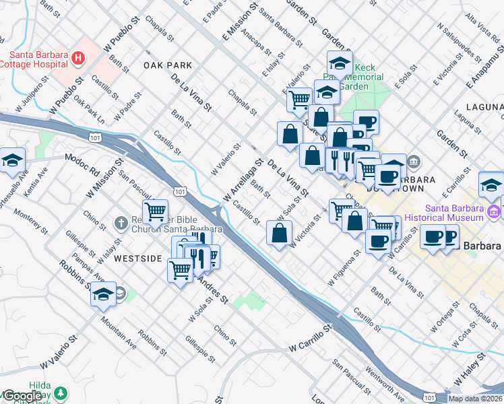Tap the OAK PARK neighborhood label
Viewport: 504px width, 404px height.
coord(168,65)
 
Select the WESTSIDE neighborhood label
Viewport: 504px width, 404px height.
coord(137,259)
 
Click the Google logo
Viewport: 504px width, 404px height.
coord(22,396)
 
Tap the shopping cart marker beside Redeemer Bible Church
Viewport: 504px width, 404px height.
coord(156,212)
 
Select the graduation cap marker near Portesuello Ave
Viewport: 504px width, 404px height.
coord(13,160)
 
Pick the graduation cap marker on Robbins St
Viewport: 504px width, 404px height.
coord(103,295)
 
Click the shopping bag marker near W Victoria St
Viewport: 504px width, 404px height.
coord(279,234)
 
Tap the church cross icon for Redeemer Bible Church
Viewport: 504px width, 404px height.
coord(121,222)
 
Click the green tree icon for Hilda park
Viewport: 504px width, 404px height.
coord(61,393)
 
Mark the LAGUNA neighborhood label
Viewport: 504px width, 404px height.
coord(484,108)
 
